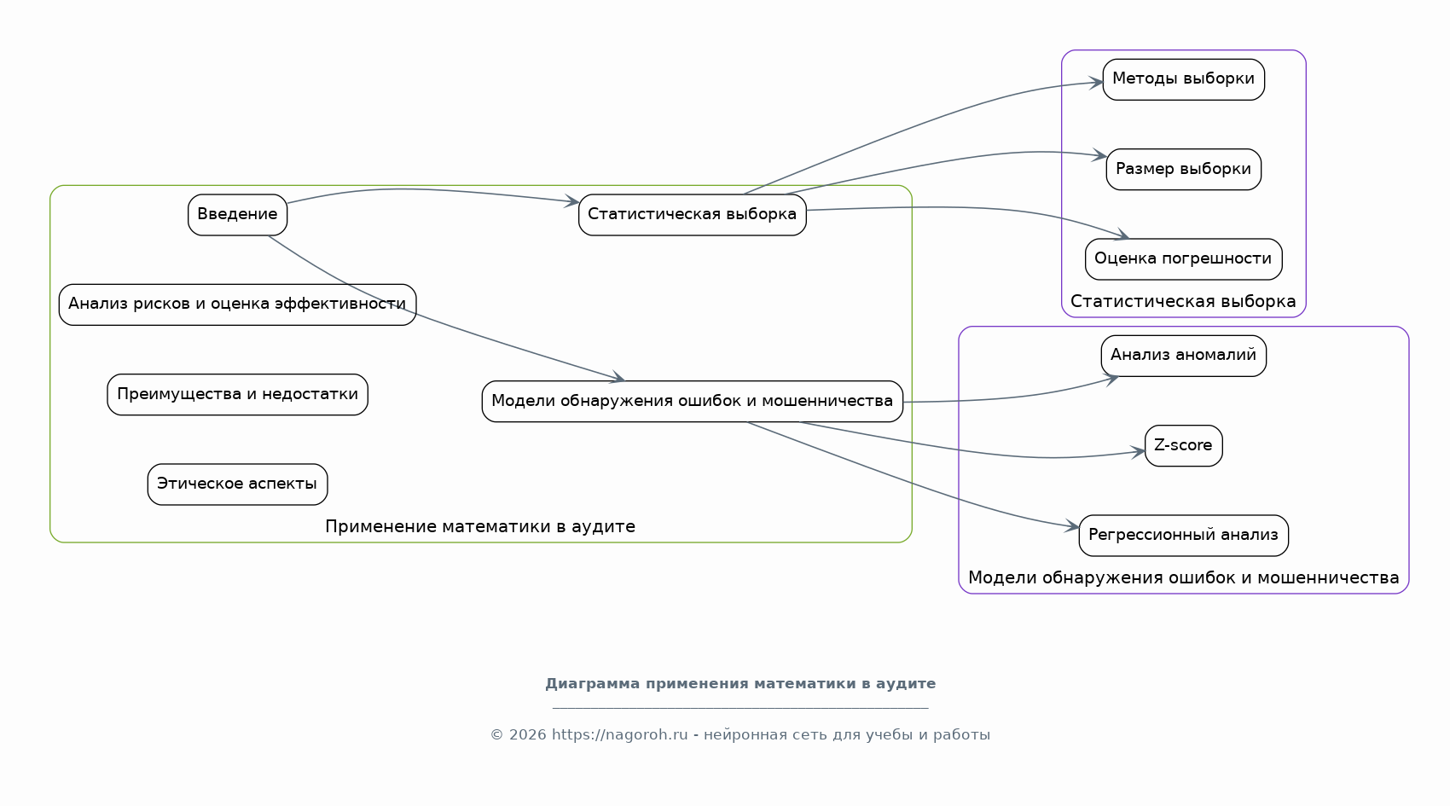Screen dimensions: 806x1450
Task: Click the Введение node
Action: pos(237,215)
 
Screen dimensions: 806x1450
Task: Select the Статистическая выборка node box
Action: pos(692,215)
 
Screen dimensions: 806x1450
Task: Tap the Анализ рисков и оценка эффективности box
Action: pos(237,304)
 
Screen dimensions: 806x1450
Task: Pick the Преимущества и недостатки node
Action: pos(237,395)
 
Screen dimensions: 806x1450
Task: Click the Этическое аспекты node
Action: pos(237,484)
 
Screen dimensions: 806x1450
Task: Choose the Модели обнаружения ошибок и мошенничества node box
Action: pos(692,402)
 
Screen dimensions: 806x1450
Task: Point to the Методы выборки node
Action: pos(1183,79)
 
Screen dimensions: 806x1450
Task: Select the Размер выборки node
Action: pos(1183,170)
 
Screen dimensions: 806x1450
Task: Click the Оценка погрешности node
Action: pos(1183,259)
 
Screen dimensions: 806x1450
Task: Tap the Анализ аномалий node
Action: pos(1183,356)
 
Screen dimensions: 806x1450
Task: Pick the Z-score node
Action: pos(1183,446)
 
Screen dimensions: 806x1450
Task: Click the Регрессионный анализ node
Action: pos(1183,536)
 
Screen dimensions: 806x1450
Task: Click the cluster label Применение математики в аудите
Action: pos(480,527)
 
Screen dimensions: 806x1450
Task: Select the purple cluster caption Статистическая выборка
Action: pos(1183,302)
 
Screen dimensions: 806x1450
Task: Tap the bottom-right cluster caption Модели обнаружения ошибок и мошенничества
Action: pos(1183,578)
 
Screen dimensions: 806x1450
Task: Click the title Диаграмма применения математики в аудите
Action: pos(740,684)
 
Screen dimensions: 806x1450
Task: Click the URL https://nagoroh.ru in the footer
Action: pos(619,735)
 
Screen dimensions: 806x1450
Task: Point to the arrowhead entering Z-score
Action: pos(1140,452)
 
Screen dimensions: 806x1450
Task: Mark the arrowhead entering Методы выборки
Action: pos(1097,83)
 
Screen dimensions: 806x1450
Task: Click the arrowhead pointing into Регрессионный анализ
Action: pos(1073,528)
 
